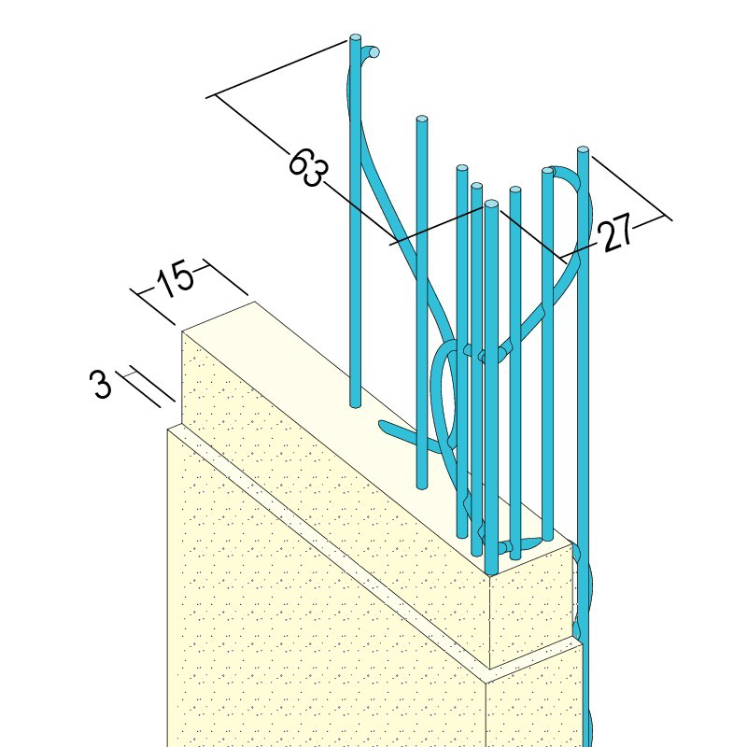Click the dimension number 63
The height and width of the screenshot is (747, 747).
tap(309, 167)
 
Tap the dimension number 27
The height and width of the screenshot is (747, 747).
tap(616, 233)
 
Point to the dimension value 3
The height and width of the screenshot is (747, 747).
tap(101, 385)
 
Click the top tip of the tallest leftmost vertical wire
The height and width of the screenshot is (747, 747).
tap(355, 37)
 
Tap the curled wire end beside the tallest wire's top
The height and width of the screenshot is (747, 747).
tap(373, 51)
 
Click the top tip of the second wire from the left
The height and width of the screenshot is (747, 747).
tap(422, 120)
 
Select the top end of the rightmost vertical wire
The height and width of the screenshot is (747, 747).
tap(583, 150)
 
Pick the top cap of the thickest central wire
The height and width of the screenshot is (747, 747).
tap(491, 204)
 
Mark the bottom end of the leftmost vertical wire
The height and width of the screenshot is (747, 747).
tap(356, 404)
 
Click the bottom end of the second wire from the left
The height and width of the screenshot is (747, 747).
tap(422, 486)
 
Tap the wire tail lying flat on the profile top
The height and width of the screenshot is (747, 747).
tap(401, 431)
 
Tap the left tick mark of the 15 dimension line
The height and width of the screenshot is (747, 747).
tap(152, 306)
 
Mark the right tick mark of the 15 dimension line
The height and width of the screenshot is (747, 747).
tap(225, 277)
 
